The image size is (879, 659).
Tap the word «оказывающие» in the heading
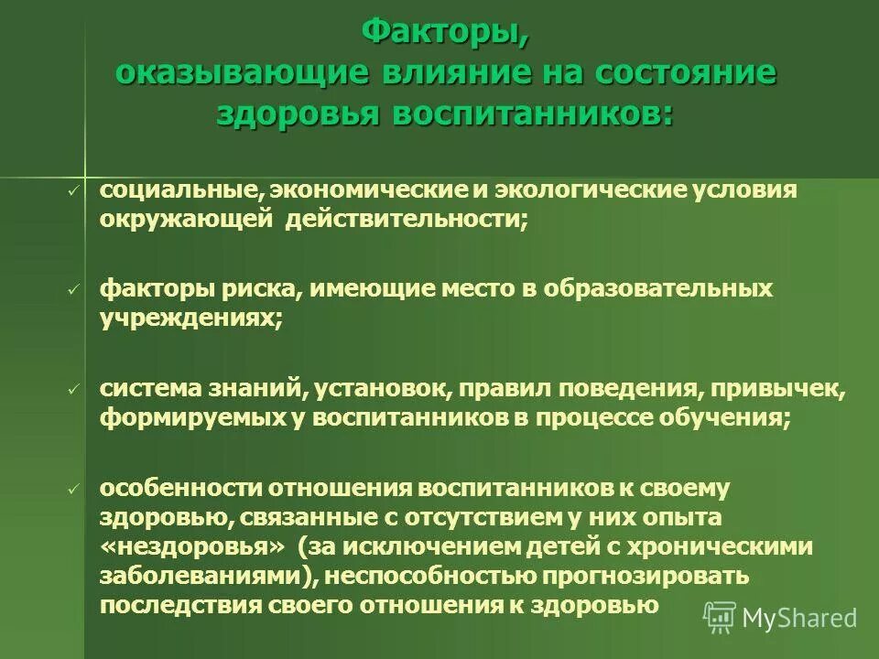241,72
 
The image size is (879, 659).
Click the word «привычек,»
789,390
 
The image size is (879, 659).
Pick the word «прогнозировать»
646,577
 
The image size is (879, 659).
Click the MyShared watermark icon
720,616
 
